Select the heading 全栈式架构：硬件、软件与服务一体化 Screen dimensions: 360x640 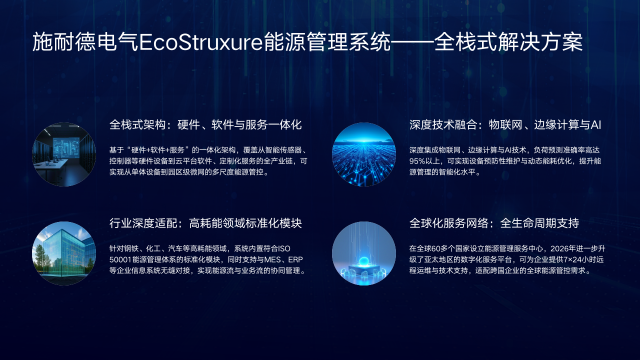[x=206, y=126]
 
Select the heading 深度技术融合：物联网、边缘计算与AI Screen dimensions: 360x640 [x=505, y=126]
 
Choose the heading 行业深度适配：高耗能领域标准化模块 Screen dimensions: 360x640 [x=206, y=223]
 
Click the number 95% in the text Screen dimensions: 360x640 [x=420, y=160]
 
